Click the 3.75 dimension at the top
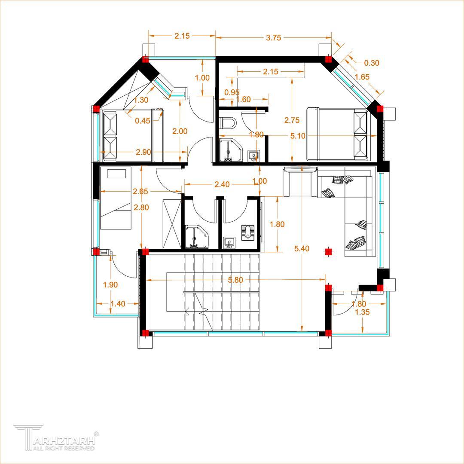[273, 37]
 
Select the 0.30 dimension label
[371, 63]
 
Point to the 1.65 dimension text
[362, 77]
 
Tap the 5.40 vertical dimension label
[302, 249]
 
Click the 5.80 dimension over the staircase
[235, 280]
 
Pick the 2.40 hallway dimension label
[222, 184]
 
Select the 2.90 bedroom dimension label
[143, 152]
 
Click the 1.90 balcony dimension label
[110, 285]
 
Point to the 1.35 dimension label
[362, 312]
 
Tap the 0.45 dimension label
[142, 121]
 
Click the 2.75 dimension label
[292, 120]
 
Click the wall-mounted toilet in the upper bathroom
[228, 123]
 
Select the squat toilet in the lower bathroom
[248, 232]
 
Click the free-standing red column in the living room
[328, 252]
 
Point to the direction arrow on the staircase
[188, 311]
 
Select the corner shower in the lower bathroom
[196, 237]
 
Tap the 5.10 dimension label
[298, 136]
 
